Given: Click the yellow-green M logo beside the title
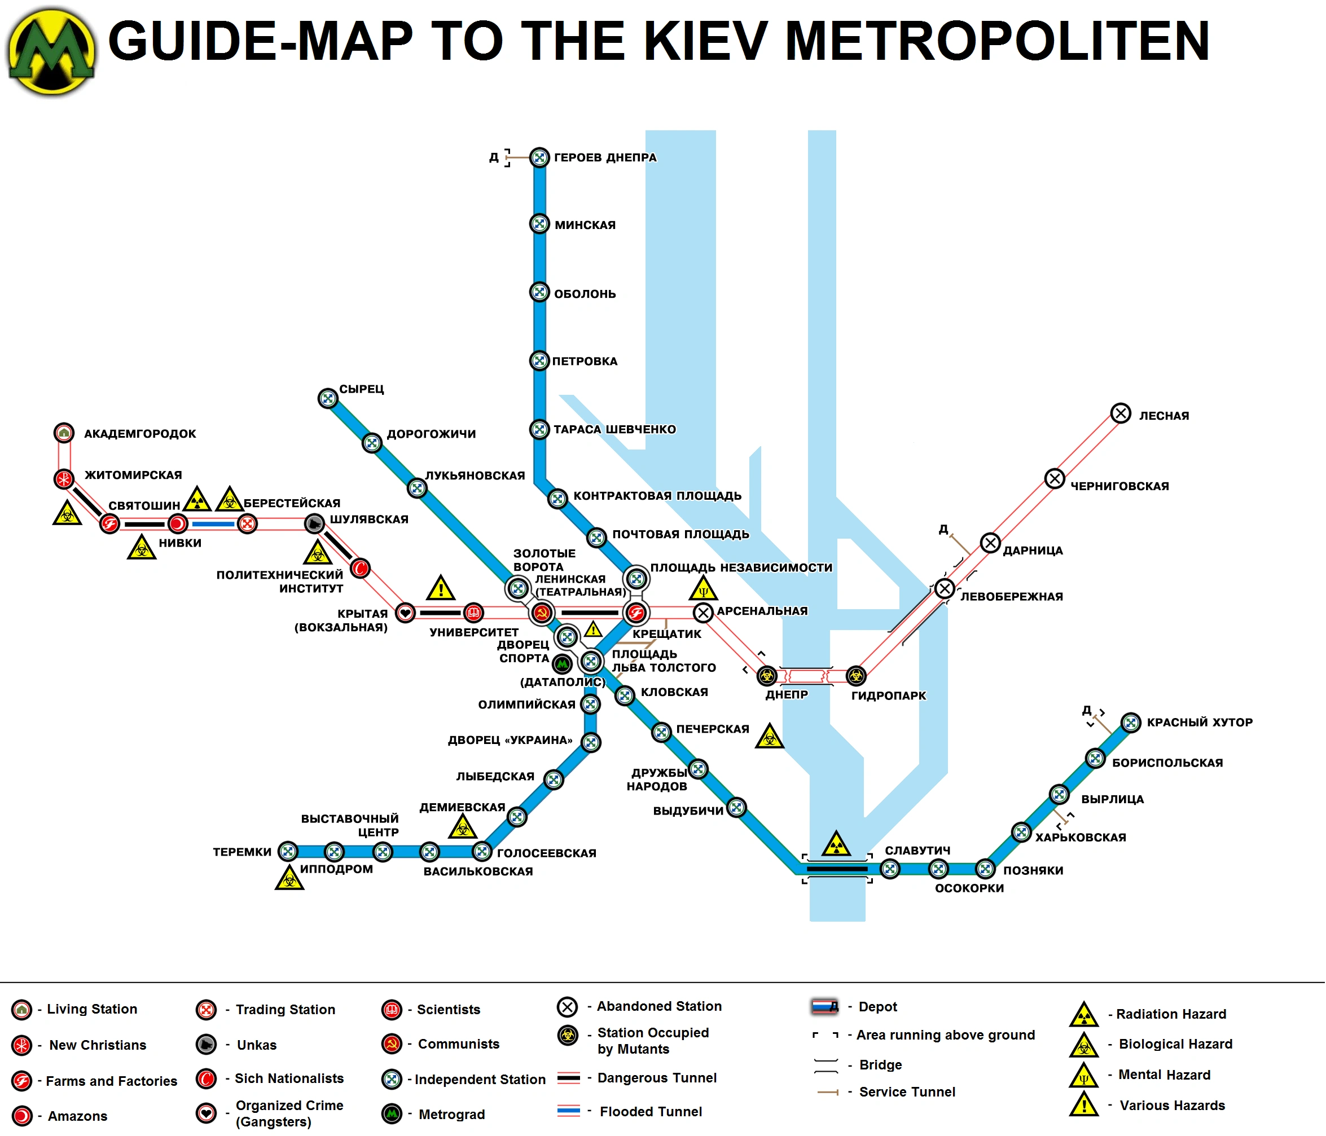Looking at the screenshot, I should click(x=51, y=51).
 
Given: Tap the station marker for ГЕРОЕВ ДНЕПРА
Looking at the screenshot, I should click(x=539, y=157).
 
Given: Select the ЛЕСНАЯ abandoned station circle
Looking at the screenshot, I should click(x=1121, y=413).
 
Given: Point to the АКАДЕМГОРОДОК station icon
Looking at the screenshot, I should click(x=63, y=433).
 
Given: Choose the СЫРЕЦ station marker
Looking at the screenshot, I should click(x=328, y=398).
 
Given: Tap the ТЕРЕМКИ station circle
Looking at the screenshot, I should click(x=288, y=851).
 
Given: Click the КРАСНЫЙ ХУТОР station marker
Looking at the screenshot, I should click(x=1131, y=722).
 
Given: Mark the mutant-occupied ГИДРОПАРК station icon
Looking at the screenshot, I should click(x=855, y=676).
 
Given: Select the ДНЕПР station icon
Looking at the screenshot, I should click(x=767, y=676).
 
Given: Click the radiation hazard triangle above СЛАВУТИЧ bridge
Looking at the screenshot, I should click(x=836, y=844).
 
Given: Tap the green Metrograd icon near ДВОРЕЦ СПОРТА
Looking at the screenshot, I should click(x=562, y=664).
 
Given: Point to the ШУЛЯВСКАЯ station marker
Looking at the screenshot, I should click(x=314, y=524).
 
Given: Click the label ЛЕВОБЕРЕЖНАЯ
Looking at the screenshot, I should click(x=1011, y=597).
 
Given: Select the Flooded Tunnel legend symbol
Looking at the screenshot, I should click(x=568, y=1111).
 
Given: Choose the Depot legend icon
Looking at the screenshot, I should click(x=824, y=1006).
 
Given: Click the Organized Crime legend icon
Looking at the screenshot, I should click(x=206, y=1113).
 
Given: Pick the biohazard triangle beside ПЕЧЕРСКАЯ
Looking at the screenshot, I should click(x=769, y=737).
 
